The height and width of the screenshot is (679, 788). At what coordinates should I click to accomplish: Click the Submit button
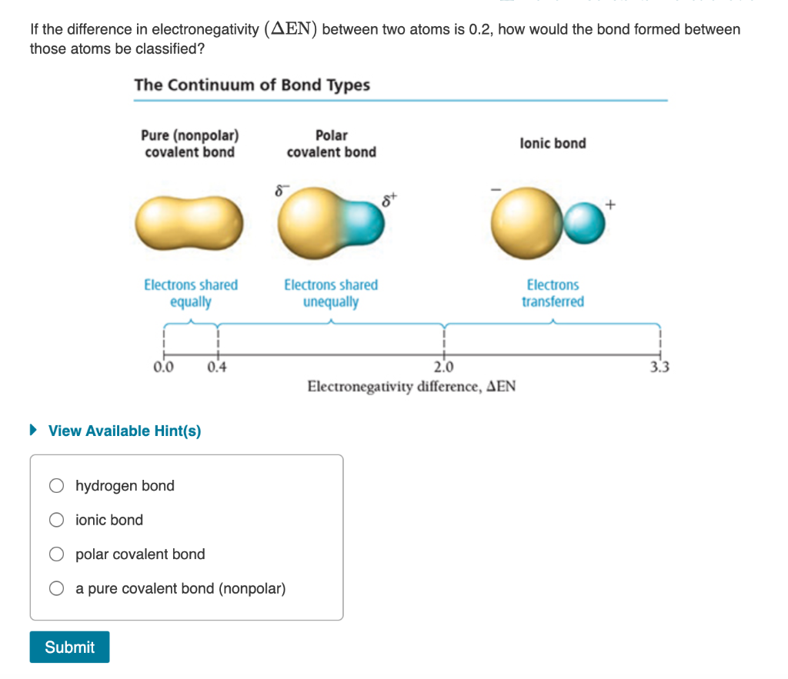69,647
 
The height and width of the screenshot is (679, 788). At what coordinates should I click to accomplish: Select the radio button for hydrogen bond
56,485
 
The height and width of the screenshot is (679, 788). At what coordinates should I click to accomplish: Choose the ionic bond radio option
56,520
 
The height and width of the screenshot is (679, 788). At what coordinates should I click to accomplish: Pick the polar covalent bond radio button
56,554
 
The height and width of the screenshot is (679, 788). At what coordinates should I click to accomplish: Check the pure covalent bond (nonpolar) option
56,589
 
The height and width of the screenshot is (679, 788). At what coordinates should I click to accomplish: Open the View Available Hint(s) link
124,431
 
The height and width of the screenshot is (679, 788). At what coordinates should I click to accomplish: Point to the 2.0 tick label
443,366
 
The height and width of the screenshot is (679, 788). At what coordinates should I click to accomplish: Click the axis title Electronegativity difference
411,386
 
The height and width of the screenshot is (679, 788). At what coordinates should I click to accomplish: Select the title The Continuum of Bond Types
252,85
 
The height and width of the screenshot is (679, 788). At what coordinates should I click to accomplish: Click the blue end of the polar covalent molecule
365,222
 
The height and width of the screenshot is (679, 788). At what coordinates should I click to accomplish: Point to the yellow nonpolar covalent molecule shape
189,222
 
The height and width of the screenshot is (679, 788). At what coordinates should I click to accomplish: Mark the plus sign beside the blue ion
612,205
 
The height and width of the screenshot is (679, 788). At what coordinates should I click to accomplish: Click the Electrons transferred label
553,293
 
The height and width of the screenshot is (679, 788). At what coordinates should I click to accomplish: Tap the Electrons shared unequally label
331,293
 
